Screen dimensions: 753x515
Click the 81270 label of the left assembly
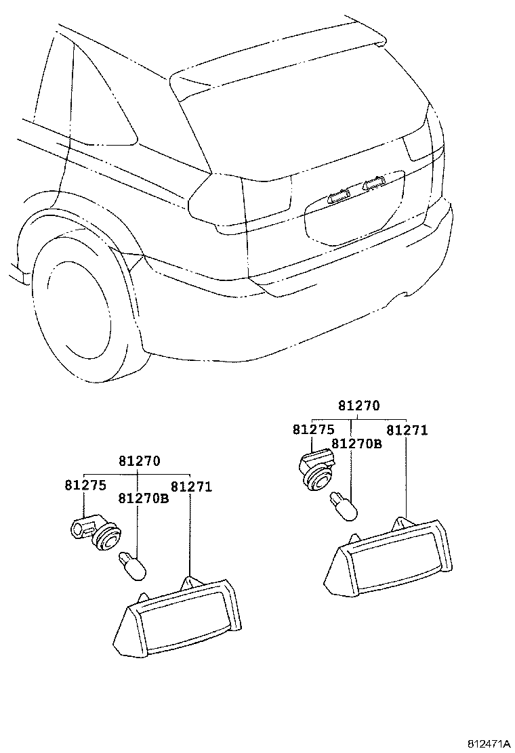(139, 461)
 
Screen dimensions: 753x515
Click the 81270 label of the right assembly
(359, 406)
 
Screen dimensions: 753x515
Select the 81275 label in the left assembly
(85, 486)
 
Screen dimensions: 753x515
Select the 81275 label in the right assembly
(314, 430)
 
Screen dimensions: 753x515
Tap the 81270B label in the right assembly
(356, 444)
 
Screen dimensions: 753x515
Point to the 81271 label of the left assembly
(191, 486)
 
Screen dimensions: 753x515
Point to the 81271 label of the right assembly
(407, 430)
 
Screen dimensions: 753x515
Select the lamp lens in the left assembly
(182, 617)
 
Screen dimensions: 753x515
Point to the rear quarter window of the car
(102, 102)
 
